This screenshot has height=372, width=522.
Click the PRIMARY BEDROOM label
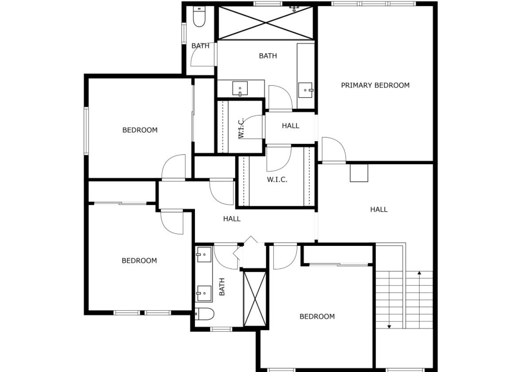coord(375,85)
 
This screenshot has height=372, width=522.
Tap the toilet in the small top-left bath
coord(199,18)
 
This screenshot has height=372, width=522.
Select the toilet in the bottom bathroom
coord(205,314)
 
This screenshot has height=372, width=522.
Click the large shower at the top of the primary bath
coord(265,23)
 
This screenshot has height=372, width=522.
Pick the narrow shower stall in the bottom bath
coord(255,299)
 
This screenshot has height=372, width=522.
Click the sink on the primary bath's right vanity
coord(305,90)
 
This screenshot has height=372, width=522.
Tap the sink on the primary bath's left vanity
coord(240,89)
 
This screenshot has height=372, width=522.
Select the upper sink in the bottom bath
coord(204,255)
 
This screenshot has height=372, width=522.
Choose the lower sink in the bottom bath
coord(204,293)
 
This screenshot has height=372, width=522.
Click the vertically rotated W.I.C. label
coord(242,128)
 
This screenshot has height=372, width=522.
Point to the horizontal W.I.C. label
coord(277,180)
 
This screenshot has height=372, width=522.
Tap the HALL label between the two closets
coord(290,126)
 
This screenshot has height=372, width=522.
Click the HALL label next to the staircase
coord(379,209)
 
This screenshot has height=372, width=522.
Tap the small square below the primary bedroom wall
coord(358,173)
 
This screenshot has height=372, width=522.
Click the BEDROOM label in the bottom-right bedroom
coord(317,317)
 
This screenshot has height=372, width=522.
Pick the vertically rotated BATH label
coord(222,287)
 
